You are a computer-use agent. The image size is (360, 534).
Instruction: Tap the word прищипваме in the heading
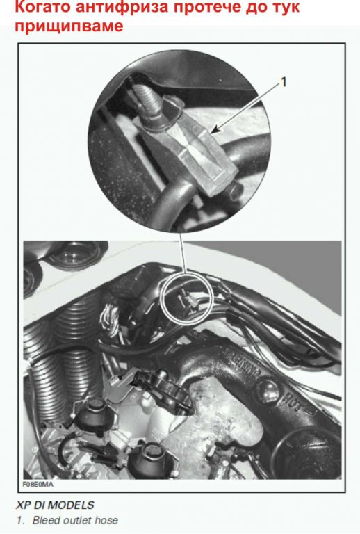tap(69, 26)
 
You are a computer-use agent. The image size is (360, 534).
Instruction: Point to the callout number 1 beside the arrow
tap(283, 82)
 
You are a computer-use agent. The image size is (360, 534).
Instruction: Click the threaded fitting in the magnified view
tap(145, 101)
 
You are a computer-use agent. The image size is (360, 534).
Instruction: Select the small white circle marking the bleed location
tap(187, 298)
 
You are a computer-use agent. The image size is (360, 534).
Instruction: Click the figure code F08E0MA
tap(38, 484)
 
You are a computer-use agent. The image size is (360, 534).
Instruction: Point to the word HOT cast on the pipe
tap(295, 402)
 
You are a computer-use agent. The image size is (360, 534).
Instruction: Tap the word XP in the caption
tap(23, 505)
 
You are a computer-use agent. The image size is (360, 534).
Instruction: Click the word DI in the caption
tap(39, 505)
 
